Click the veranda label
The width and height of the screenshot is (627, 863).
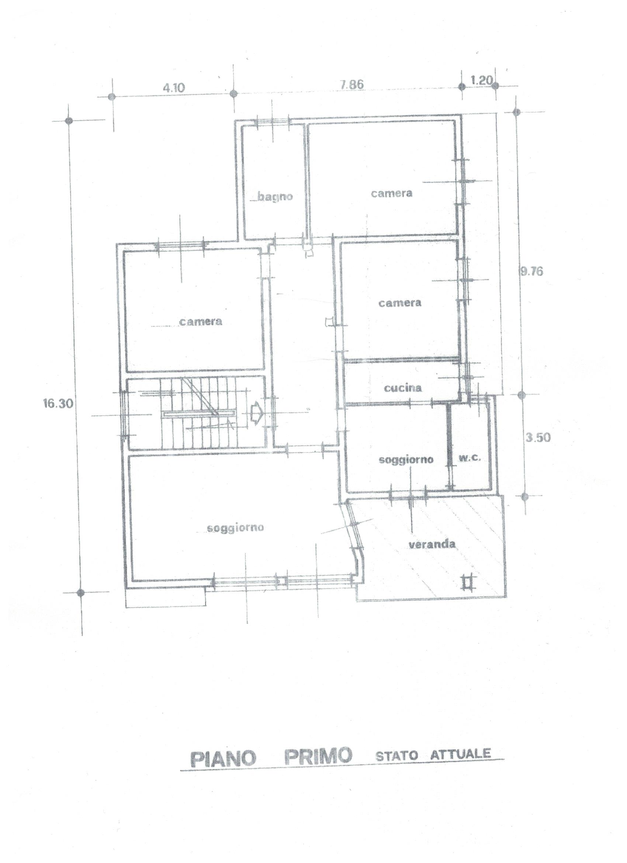432,544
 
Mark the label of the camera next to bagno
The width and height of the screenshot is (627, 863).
392,193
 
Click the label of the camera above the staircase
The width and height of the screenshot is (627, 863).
201,322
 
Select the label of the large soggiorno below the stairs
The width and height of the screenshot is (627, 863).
235,528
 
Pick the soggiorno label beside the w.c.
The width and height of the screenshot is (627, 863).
406,459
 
